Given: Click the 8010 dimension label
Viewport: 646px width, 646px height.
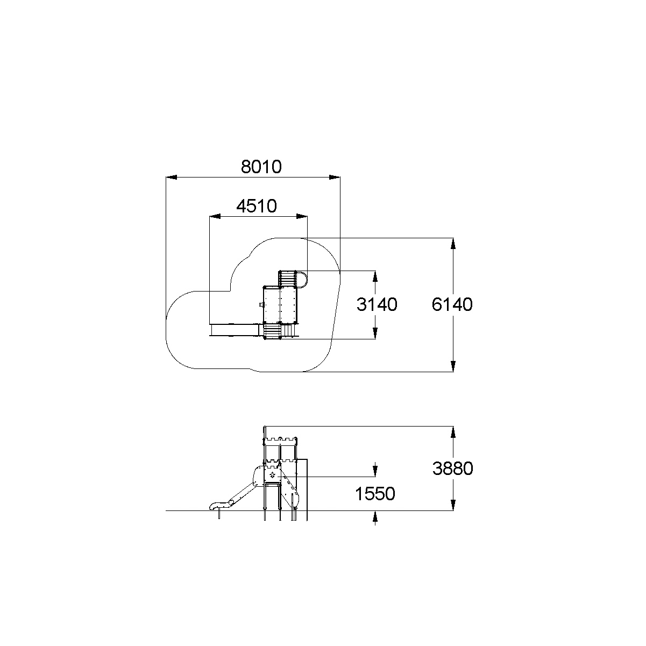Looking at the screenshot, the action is (261, 167).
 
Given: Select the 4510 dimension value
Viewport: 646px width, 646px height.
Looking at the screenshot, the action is (257, 206).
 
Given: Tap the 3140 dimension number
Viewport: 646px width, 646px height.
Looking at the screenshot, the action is (377, 304).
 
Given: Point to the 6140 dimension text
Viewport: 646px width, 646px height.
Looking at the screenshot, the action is (452, 304).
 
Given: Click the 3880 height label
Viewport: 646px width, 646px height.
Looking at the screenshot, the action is (452, 468).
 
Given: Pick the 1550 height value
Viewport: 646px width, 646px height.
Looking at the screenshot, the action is (375, 494).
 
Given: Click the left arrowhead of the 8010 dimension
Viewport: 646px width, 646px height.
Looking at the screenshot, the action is (171, 178).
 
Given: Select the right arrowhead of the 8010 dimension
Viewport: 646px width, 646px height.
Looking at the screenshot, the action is (335, 178).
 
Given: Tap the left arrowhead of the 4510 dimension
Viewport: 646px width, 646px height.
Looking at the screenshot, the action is (215, 217).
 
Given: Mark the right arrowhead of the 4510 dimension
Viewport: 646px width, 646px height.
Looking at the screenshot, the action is (302, 217).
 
